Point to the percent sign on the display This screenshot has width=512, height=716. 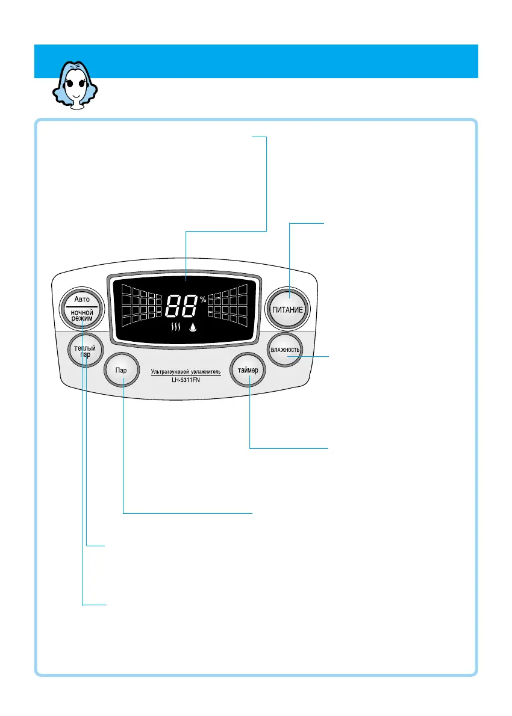[x=203, y=300]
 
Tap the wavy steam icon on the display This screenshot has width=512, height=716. [x=176, y=328]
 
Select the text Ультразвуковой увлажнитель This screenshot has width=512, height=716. [x=186, y=372]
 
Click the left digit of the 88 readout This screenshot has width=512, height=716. [x=173, y=307]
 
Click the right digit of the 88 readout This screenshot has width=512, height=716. [x=190, y=307]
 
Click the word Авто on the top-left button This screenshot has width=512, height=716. [x=81, y=299]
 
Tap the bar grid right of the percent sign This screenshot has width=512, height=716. [x=228, y=304]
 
